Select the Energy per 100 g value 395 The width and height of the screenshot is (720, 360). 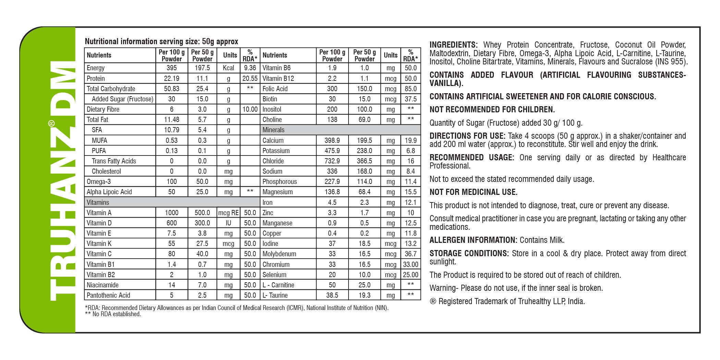(x=171, y=68)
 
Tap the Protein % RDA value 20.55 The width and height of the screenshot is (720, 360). (x=250, y=78)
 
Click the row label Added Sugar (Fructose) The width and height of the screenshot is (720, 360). (x=122, y=99)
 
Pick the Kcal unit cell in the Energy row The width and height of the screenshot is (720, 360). (x=228, y=68)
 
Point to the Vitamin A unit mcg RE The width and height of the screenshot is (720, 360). (x=228, y=213)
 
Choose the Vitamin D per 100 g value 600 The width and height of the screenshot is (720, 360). (x=171, y=223)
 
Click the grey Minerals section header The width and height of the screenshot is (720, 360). (x=273, y=130)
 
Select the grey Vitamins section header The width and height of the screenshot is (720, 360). (x=98, y=202)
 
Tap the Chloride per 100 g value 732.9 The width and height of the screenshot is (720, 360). (x=332, y=161)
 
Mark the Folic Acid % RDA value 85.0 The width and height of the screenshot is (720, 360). (x=411, y=89)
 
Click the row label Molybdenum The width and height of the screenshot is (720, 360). (x=279, y=254)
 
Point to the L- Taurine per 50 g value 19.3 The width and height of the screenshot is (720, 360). (x=364, y=295)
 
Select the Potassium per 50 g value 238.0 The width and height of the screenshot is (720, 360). (x=364, y=151)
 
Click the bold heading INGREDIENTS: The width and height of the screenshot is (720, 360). (x=453, y=45)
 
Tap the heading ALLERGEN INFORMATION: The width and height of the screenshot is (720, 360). (x=473, y=240)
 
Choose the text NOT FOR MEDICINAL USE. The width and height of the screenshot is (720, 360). (x=473, y=192)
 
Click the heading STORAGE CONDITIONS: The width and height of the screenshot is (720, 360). (x=469, y=253)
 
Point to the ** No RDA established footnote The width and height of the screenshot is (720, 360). (x=113, y=314)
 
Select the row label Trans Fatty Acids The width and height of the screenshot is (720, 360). (x=114, y=161)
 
